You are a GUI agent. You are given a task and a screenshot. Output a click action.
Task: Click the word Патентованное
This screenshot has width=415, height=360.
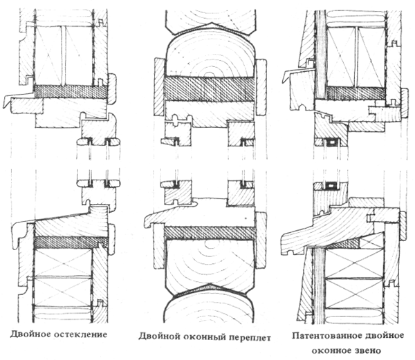coord(327,336)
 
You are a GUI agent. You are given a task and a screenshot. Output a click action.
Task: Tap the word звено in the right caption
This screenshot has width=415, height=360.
coord(368,351)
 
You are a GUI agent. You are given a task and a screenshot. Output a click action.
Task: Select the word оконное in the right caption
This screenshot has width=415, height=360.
coord(331,351)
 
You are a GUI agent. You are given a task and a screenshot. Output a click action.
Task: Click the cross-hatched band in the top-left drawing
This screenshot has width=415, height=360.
coord(71,92)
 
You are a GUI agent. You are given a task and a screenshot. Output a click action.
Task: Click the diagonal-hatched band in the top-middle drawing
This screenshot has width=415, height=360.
coord(209,89)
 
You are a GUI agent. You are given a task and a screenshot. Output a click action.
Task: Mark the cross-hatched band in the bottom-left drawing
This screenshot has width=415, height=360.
coord(71,242)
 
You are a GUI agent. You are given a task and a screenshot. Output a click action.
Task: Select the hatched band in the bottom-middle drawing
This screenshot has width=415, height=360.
coord(210,233)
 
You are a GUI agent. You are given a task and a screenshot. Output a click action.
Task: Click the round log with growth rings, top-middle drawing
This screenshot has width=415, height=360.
coord(210,57)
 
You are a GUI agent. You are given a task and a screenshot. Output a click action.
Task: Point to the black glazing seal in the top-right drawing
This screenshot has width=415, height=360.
coord(331,142)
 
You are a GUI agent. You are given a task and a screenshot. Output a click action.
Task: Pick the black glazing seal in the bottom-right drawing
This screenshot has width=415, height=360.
coord(330,186)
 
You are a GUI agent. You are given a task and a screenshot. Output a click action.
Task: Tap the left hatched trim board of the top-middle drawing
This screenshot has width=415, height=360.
coord(159,86)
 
